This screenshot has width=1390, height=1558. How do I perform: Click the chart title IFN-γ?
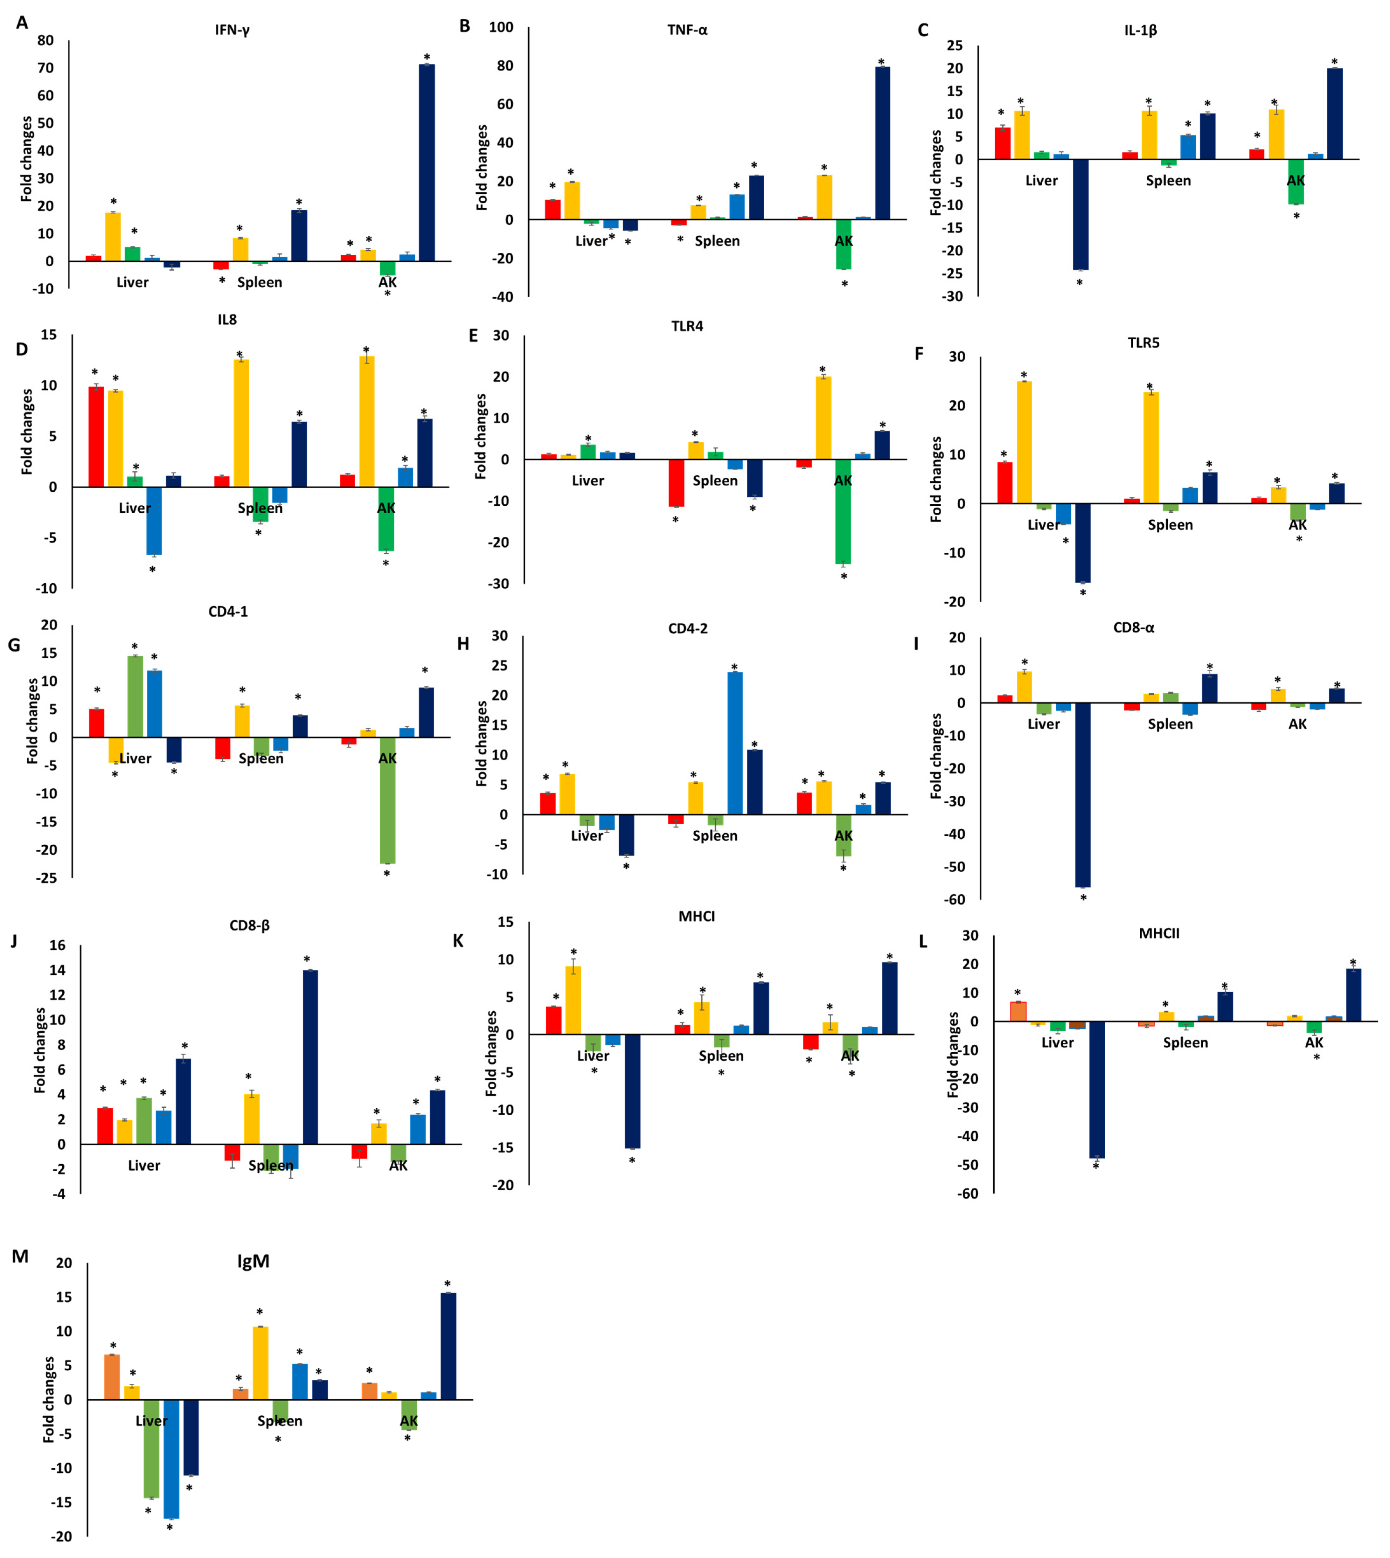232,31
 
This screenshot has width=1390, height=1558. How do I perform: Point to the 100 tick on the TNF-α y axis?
501,27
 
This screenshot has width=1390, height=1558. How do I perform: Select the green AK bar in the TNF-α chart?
843,244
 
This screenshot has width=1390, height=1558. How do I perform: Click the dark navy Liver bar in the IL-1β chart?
1080,214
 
